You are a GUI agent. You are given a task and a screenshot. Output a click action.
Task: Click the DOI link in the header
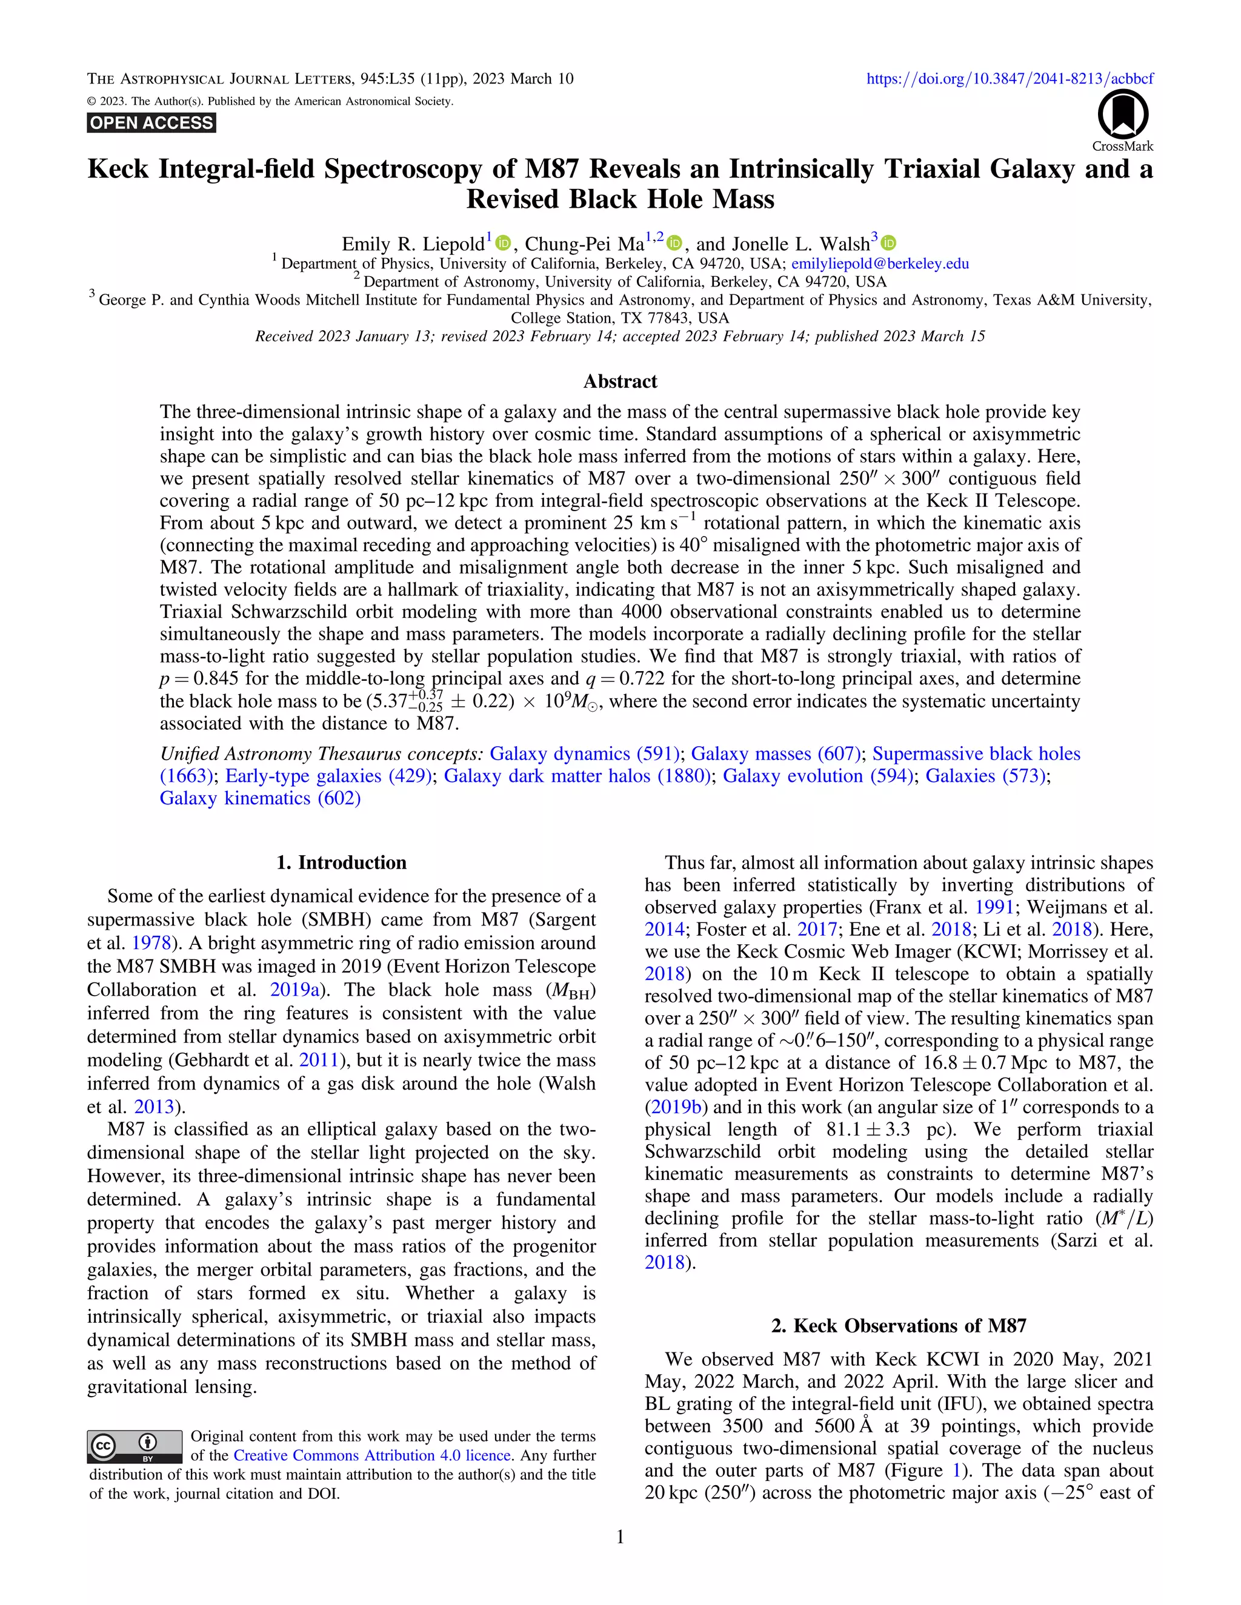click(1010, 79)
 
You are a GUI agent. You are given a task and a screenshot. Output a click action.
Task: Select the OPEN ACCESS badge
click(151, 123)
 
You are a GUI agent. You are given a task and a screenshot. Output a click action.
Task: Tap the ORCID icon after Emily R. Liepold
click(503, 243)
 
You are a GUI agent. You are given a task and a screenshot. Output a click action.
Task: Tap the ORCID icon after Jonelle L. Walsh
click(888, 243)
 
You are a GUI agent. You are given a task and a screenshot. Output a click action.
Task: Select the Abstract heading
click(620, 382)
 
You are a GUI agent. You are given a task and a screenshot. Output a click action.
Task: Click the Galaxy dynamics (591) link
click(585, 753)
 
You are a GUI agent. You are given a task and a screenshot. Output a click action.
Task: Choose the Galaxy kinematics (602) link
click(260, 798)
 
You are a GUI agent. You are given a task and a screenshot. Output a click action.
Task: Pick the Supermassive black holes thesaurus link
click(976, 753)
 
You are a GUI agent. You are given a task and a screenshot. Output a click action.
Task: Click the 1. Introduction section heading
click(341, 862)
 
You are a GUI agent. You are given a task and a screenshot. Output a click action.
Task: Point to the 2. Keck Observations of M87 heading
click(899, 1326)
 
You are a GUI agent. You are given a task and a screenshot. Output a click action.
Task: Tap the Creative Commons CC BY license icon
click(135, 1446)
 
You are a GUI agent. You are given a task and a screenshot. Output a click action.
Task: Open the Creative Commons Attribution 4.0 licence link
click(371, 1455)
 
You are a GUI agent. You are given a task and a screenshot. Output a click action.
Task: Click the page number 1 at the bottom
click(620, 1537)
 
